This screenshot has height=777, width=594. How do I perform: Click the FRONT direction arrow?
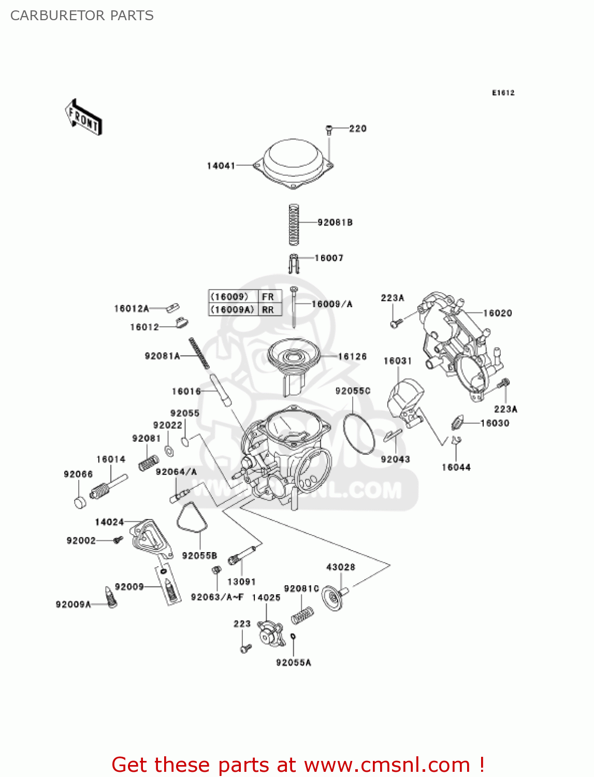click(83, 117)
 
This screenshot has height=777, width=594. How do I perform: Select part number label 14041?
click(221, 166)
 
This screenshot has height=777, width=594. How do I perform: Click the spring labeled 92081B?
click(294, 224)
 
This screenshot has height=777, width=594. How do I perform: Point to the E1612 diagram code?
click(503, 93)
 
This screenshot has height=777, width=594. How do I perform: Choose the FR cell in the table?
click(268, 297)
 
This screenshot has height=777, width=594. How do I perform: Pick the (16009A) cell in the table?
click(233, 310)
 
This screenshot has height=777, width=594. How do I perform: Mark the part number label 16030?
click(495, 423)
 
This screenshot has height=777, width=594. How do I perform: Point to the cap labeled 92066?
click(80, 502)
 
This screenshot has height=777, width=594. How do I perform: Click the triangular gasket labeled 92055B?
click(192, 519)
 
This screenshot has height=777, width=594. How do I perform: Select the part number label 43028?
click(340, 567)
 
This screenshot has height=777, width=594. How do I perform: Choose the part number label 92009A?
click(73, 605)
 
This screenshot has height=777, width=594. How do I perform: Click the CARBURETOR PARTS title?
click(82, 16)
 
